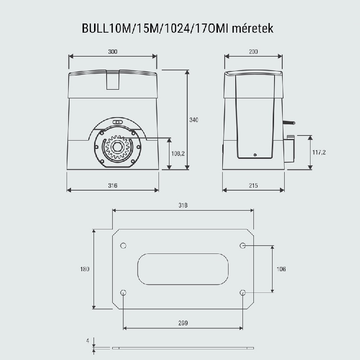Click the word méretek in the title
(252, 28)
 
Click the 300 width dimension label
(113, 52)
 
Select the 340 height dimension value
(194, 120)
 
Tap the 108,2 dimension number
(178, 154)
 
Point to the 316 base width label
(113, 185)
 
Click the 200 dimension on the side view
(253, 52)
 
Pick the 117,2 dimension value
(319, 152)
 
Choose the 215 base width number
(253, 185)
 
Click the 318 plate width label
(183, 205)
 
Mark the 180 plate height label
(84, 269)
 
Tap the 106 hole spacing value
(281, 269)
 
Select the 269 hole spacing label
(183, 323)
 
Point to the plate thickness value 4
(88, 341)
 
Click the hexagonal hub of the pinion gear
(118, 147)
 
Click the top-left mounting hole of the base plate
(123, 246)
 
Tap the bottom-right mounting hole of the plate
(243, 293)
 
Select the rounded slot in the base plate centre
(183, 269)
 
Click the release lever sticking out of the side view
(289, 123)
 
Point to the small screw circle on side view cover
(255, 155)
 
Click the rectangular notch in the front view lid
(113, 80)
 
